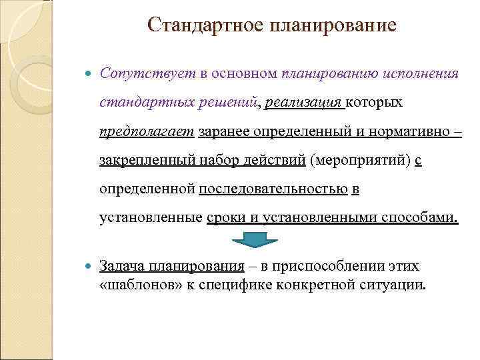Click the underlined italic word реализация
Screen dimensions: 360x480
(x=304, y=103)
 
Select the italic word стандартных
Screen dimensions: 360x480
(x=145, y=103)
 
